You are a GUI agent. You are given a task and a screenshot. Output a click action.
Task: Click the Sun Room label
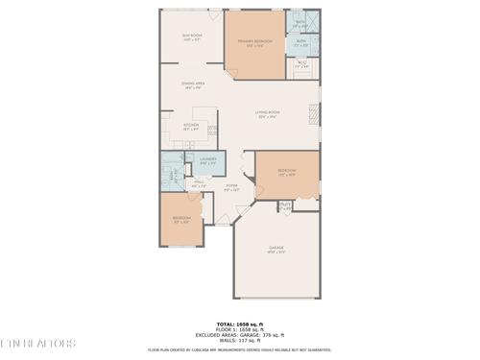click(x=191, y=36)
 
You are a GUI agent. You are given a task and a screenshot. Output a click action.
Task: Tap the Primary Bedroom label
click(x=255, y=43)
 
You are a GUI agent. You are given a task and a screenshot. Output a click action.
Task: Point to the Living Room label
click(x=268, y=114)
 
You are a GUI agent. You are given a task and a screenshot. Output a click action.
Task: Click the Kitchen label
click(x=191, y=126)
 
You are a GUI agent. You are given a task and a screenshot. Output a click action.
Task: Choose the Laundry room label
click(x=207, y=160)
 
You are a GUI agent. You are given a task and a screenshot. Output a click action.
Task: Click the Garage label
click(x=276, y=250)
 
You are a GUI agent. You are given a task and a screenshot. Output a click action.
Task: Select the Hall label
click(x=200, y=183)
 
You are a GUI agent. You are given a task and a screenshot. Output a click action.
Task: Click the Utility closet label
click(x=285, y=205)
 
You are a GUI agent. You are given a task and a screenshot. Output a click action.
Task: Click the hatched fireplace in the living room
click(x=312, y=113)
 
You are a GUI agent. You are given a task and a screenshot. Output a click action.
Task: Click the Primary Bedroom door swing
click(x=230, y=72)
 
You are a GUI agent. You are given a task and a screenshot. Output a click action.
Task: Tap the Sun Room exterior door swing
click(x=214, y=14)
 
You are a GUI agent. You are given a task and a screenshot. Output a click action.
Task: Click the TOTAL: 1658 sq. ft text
click(x=239, y=324)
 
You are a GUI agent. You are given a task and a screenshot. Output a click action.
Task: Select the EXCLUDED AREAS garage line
click(x=239, y=334)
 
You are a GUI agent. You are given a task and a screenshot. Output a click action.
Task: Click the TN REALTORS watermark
click(x=38, y=342)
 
